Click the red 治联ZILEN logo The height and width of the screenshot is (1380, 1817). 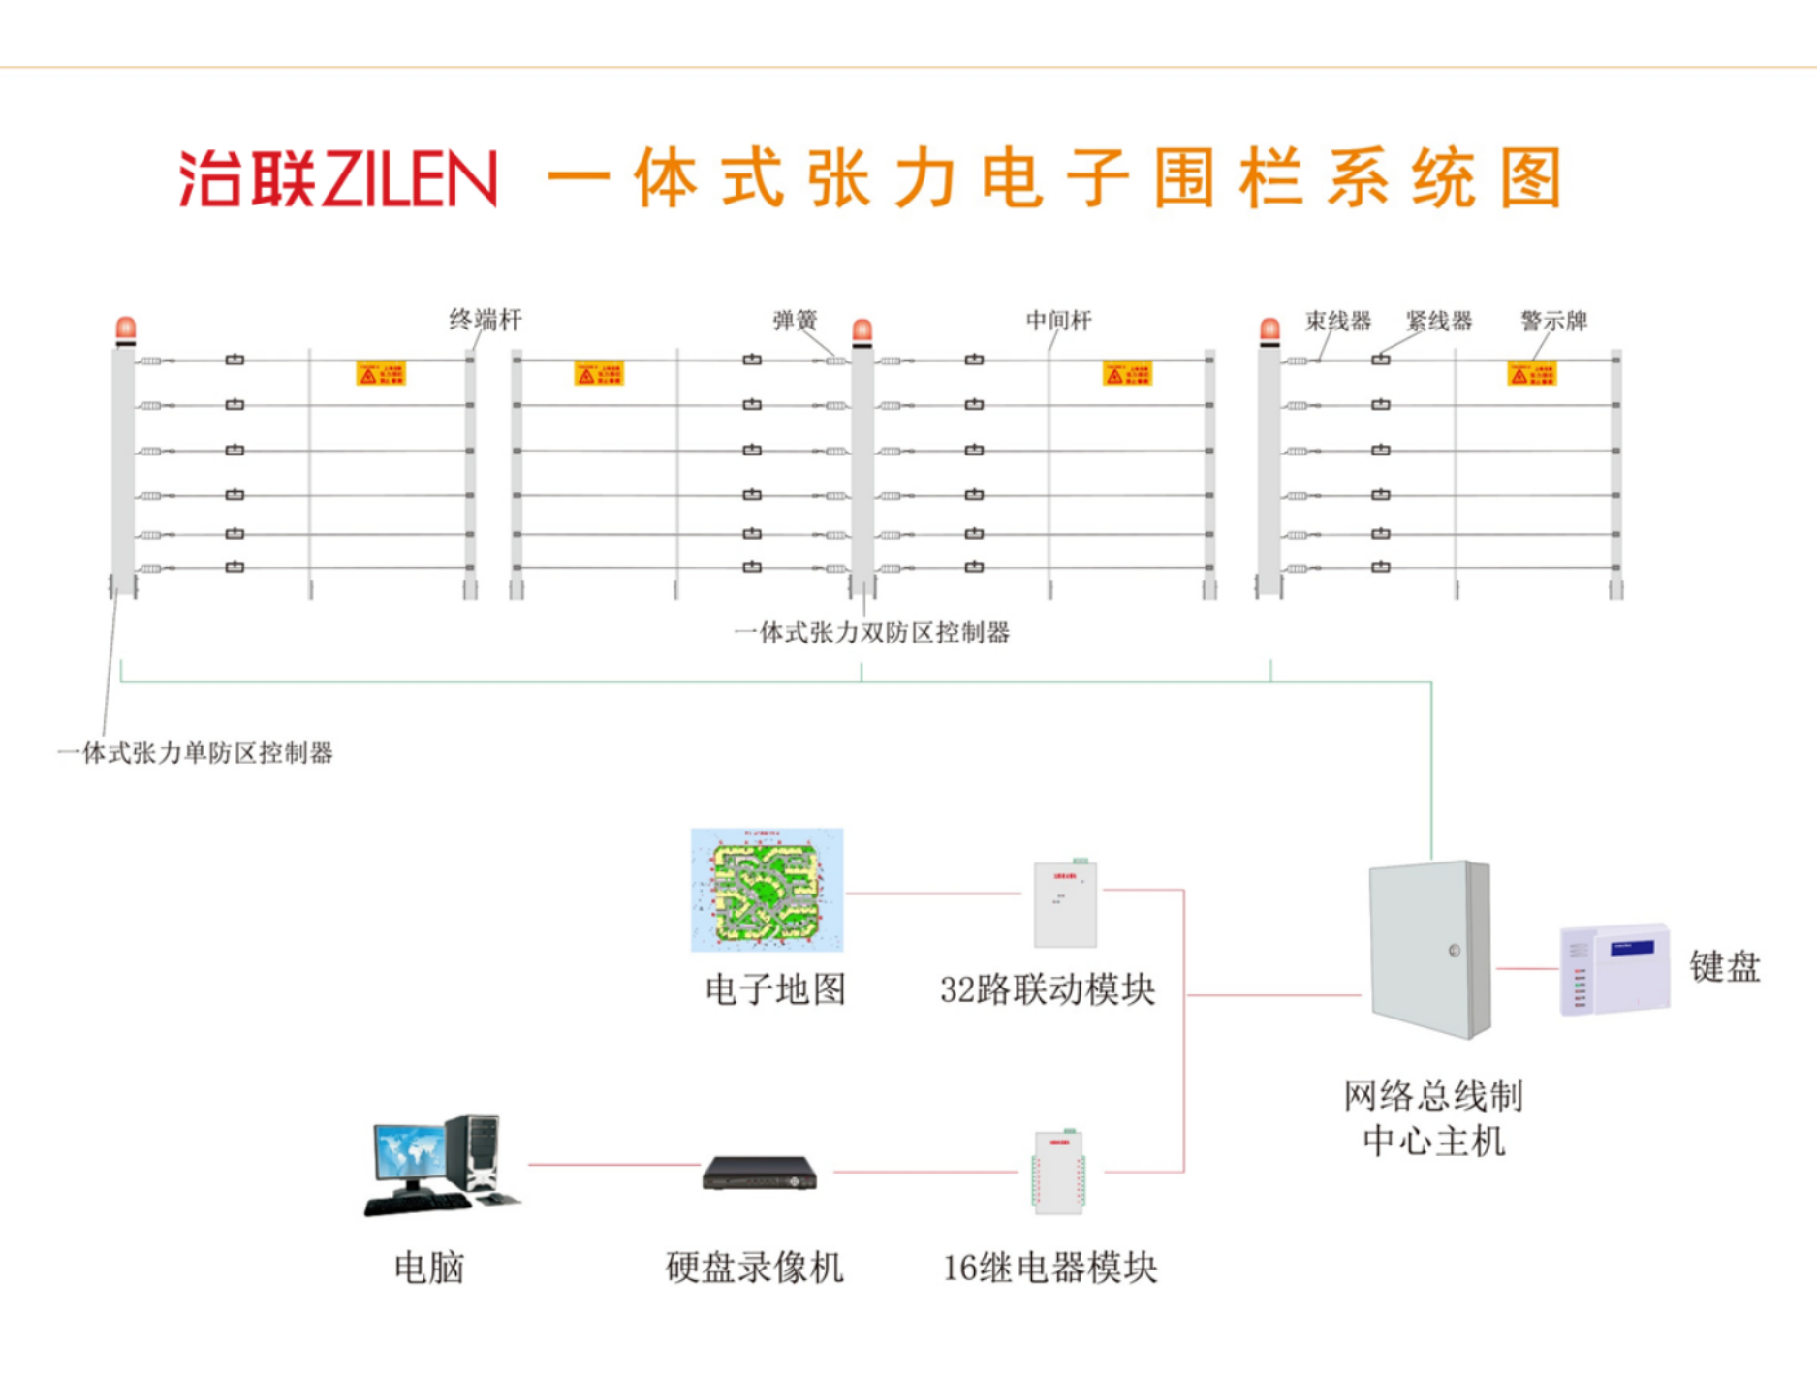pyautogui.click(x=337, y=178)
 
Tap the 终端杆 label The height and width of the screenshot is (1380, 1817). pyautogui.click(x=485, y=320)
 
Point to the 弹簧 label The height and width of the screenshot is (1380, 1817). pyautogui.click(x=795, y=321)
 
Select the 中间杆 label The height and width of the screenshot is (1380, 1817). pyautogui.click(x=1058, y=321)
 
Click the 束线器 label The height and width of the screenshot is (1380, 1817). pyautogui.click(x=1337, y=321)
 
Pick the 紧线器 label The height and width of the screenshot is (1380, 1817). pyautogui.click(x=1439, y=321)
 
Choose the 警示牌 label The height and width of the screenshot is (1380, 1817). pyautogui.click(x=1553, y=321)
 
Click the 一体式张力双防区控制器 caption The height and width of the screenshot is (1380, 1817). pyautogui.click(x=871, y=633)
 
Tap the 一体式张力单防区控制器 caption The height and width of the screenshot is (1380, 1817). pyautogui.click(x=195, y=753)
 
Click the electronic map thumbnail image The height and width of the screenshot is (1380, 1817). pyautogui.click(x=767, y=890)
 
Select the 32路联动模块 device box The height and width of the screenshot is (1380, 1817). pyautogui.click(x=1065, y=904)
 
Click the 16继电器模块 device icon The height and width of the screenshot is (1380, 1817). pyautogui.click(x=1058, y=1173)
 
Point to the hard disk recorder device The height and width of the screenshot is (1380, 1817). pyautogui.click(x=759, y=1174)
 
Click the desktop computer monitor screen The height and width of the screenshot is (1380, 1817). pyautogui.click(x=409, y=1151)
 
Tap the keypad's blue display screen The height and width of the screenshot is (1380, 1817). pyautogui.click(x=1633, y=947)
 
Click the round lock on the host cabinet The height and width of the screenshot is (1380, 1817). pyautogui.click(x=1454, y=951)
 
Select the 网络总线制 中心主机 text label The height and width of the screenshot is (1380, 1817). pyautogui.click(x=1433, y=1118)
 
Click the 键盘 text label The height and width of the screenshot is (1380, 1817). pyautogui.click(x=1725, y=966)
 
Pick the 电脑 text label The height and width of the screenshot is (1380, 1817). pyautogui.click(x=429, y=1268)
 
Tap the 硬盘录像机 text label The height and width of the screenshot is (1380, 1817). pyautogui.click(x=754, y=1268)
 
